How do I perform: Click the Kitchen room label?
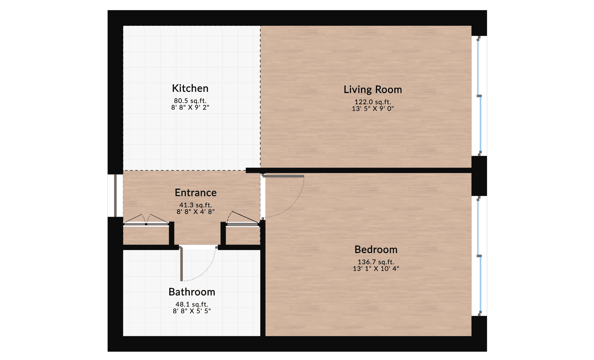click(190, 88)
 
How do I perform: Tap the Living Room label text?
click(373, 90)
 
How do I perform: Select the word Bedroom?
click(376, 250)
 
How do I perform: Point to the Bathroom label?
click(192, 292)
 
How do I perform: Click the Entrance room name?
click(196, 193)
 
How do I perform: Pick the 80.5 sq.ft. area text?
click(190, 101)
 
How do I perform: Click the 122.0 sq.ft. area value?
click(373, 102)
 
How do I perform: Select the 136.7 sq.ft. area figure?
click(376, 262)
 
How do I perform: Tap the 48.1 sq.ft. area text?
click(192, 305)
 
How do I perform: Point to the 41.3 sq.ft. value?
click(196, 205)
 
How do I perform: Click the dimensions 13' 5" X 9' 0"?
click(373, 109)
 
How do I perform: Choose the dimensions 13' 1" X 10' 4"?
click(376, 269)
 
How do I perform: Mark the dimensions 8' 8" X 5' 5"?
click(192, 311)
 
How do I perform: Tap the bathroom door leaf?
click(181, 264)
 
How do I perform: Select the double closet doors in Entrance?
click(146, 220)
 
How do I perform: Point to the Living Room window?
click(479, 96)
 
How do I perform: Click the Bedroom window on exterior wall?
click(479, 256)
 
